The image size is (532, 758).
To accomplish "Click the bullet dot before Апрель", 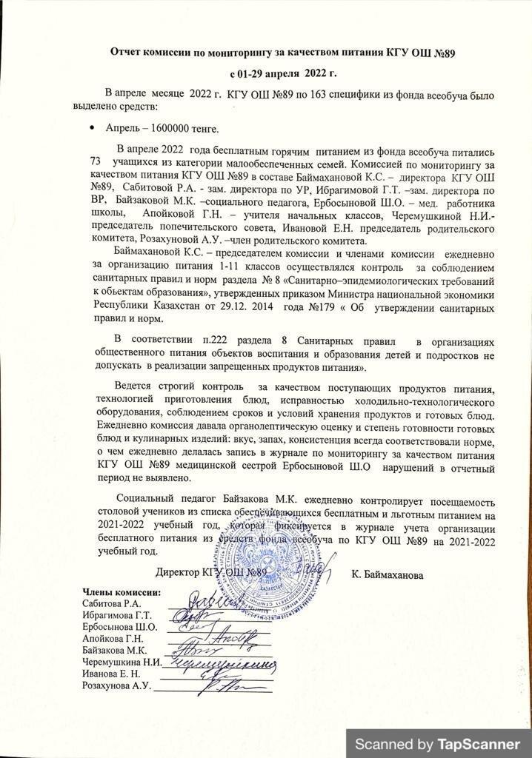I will pyautogui.click(x=91, y=127).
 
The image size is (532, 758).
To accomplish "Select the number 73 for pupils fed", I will pyautogui.click(x=96, y=161).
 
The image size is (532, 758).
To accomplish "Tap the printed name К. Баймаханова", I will pyautogui.click(x=388, y=574).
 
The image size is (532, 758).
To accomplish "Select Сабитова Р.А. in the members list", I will pyautogui.click(x=108, y=604).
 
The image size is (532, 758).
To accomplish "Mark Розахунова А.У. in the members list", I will pyautogui.click(x=115, y=685).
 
